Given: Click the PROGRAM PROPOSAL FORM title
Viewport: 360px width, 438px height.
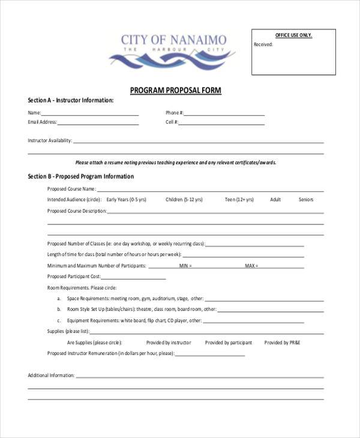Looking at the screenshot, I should pos(176,91).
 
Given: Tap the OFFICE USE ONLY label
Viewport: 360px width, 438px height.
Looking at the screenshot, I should pos(293,35).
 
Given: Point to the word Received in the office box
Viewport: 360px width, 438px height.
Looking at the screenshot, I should pos(263,44).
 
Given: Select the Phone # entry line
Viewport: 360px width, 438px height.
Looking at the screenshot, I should pos(224,114).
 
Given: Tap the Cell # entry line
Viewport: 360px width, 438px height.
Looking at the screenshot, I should pos(221,124).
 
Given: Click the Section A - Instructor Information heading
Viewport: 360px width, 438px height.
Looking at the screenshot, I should pos(70,100).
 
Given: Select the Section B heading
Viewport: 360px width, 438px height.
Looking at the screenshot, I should pos(80,177).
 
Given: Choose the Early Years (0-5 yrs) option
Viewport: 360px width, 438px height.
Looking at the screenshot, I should pos(127,199).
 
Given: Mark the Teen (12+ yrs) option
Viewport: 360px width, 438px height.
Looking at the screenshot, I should pos(239,199).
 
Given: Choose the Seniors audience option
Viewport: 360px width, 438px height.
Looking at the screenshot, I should pos(306,199).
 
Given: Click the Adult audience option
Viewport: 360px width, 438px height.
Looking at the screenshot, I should pos(275,199).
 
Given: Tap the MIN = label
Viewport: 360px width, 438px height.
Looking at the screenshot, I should pos(185,266).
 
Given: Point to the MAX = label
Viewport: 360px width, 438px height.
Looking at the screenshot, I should pos(251,266).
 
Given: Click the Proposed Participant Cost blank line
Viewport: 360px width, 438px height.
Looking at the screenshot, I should pos(133,278).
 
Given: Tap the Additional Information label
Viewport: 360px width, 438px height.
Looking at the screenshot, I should pos(51,376).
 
